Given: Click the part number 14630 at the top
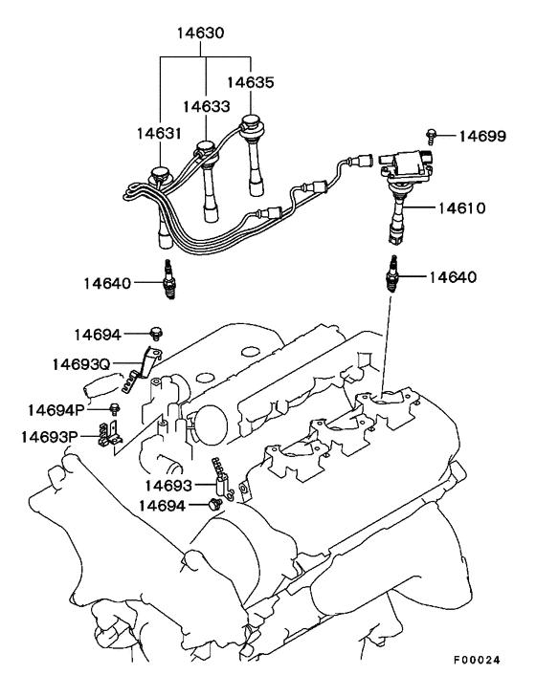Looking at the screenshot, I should click(199, 33).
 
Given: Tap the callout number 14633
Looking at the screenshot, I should click(205, 107).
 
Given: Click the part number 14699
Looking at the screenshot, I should click(481, 138).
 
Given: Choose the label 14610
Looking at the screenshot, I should click(462, 207).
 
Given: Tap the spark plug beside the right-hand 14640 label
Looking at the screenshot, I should click(391, 276).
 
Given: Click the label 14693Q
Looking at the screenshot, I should click(81, 364).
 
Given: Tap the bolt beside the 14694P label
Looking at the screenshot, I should click(116, 408).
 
